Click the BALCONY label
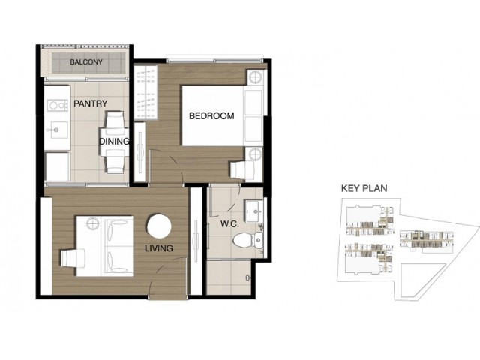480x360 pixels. click(86, 62)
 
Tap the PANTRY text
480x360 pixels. click(90, 103)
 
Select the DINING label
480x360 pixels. click(114, 142)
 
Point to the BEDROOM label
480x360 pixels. click(211, 116)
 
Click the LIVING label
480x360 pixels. click(158, 248)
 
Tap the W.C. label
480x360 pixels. click(229, 224)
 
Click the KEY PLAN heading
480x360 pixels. click(364, 188)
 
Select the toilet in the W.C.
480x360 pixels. click(248, 240)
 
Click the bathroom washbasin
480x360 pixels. click(253, 211)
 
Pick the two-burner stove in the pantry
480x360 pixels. click(57, 106)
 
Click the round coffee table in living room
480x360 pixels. click(159, 226)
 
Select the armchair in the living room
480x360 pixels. click(73, 258)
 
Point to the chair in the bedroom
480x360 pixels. click(242, 169)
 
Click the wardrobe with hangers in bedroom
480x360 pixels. click(145, 93)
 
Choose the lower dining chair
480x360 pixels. click(115, 161)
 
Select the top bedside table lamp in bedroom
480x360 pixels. click(255, 77)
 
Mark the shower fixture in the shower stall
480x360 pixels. click(248, 277)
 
